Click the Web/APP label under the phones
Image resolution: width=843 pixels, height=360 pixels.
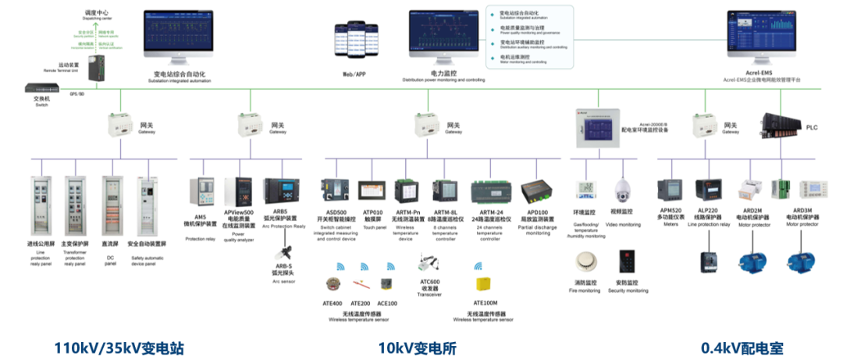tap(354, 74)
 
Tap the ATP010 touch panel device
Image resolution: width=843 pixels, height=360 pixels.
tap(371, 191)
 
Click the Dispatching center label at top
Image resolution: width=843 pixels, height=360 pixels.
tap(99, 14)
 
